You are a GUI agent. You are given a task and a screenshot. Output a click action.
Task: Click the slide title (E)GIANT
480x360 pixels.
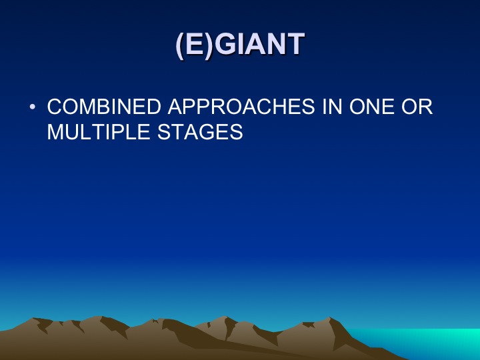(240, 45)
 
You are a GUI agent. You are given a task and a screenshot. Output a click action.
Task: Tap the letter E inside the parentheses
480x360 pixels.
(195, 44)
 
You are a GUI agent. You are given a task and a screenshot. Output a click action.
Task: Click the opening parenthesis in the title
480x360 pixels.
(180, 45)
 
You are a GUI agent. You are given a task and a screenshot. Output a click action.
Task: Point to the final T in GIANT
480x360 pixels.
(295, 44)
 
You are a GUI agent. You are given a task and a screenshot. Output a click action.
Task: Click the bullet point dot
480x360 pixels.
(33, 107)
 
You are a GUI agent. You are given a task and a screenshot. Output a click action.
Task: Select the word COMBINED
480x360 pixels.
(104, 107)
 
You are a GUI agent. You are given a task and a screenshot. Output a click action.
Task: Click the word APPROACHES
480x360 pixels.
(241, 107)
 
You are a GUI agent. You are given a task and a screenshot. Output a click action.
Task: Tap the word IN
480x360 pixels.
(332, 107)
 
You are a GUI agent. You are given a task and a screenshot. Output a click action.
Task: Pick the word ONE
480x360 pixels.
(371, 107)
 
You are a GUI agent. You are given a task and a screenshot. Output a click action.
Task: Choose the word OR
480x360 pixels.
(417, 107)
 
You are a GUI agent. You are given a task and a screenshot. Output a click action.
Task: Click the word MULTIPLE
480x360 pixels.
(98, 132)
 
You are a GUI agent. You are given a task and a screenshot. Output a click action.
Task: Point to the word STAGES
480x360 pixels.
(200, 132)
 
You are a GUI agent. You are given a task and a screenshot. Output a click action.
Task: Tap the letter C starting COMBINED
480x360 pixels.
(55, 107)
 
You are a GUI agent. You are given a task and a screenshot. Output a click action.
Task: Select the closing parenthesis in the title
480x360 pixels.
(209, 45)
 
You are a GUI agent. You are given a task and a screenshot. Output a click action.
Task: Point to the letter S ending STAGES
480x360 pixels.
(236, 132)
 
